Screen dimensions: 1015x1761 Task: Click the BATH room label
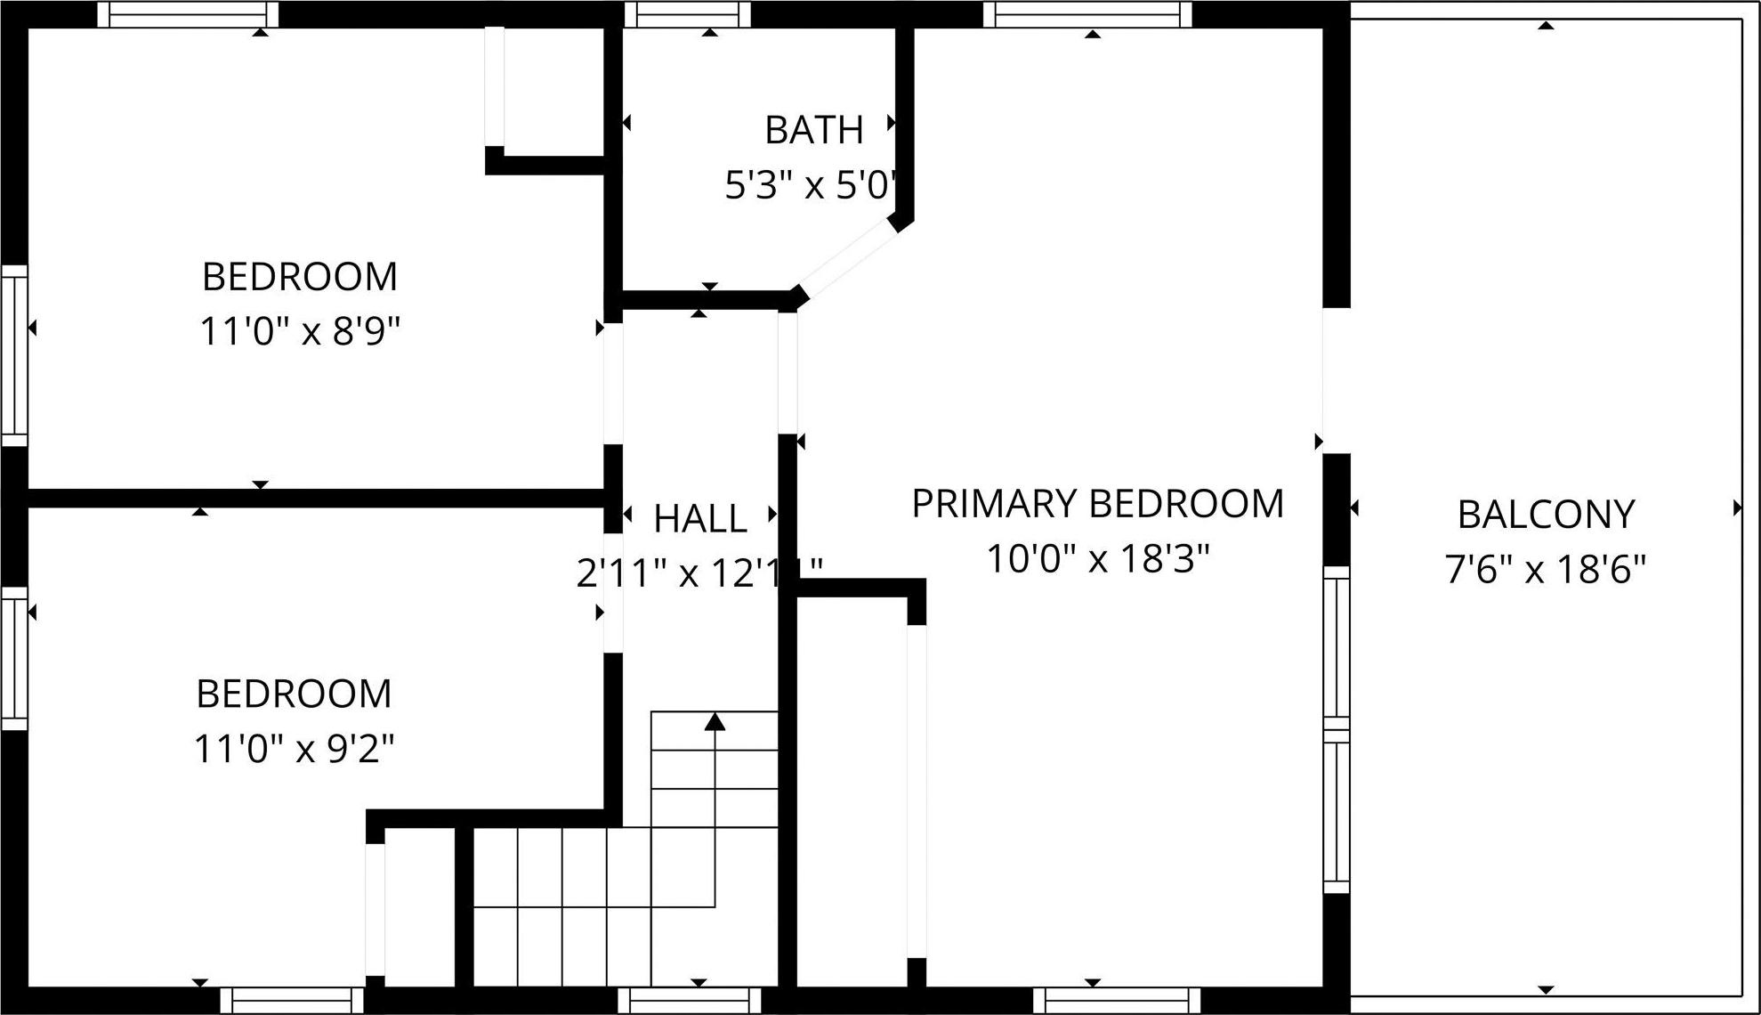(813, 130)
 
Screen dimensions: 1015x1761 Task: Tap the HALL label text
(699, 519)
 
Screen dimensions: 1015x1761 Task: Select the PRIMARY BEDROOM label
(1097, 504)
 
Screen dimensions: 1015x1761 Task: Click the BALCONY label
(1546, 515)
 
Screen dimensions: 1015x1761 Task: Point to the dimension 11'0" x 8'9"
(299, 332)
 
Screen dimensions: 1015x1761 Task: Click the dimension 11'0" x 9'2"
(294, 749)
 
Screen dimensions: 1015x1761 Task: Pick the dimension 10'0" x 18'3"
(1097, 559)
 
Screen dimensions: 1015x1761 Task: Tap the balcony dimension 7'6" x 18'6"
(1545, 569)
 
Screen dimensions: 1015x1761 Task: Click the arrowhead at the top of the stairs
(715, 721)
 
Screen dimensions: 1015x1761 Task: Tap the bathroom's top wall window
(687, 14)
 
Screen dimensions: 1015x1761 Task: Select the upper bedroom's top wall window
(188, 14)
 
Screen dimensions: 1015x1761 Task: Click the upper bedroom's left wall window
(14, 354)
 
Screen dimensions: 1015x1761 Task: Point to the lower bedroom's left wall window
(14, 657)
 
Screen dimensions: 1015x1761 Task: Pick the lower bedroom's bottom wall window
(292, 1001)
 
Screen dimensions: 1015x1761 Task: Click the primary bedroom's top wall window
(1086, 14)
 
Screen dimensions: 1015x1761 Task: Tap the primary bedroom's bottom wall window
(1116, 1001)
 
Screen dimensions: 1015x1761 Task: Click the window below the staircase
(690, 1001)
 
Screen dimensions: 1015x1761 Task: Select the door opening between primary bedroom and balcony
(1336, 380)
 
